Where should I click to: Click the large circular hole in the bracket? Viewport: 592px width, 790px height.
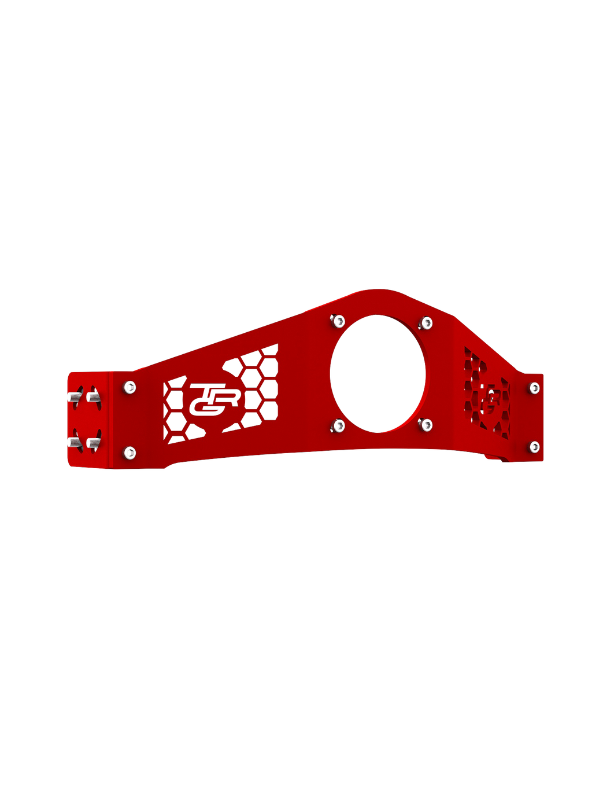378,373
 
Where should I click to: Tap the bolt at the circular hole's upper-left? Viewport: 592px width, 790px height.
338,320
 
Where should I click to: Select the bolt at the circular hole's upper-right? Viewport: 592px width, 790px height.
427,322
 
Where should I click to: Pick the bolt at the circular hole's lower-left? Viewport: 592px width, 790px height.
338,427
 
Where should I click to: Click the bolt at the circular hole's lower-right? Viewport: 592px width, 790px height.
427,425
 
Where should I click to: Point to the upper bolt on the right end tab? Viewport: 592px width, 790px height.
534,388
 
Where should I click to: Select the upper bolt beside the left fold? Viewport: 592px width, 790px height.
130,387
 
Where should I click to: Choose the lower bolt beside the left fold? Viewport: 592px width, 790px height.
130,451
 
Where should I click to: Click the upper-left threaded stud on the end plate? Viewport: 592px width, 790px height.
73,398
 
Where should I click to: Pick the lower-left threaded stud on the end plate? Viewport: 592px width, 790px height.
73,442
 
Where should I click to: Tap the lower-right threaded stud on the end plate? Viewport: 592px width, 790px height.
92,443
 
